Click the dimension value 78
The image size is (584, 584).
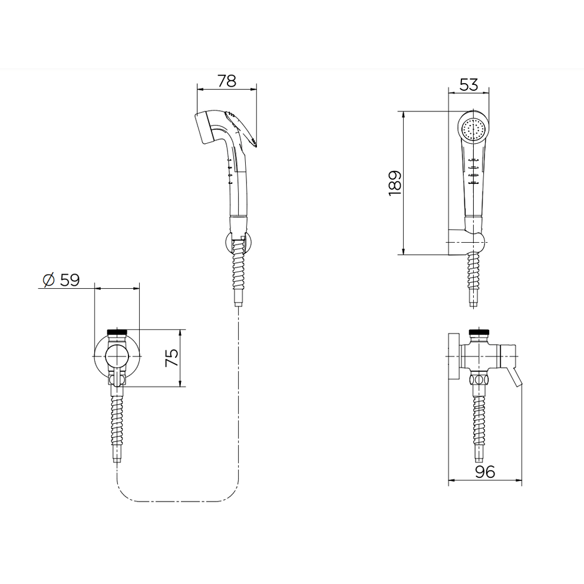227,81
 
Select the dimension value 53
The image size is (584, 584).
468,84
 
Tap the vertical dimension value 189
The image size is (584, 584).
395,183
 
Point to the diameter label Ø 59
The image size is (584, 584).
61,280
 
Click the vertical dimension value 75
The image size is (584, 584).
172,358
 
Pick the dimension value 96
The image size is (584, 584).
485,472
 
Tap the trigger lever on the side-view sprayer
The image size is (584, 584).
242,128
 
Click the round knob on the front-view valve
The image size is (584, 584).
117,356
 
